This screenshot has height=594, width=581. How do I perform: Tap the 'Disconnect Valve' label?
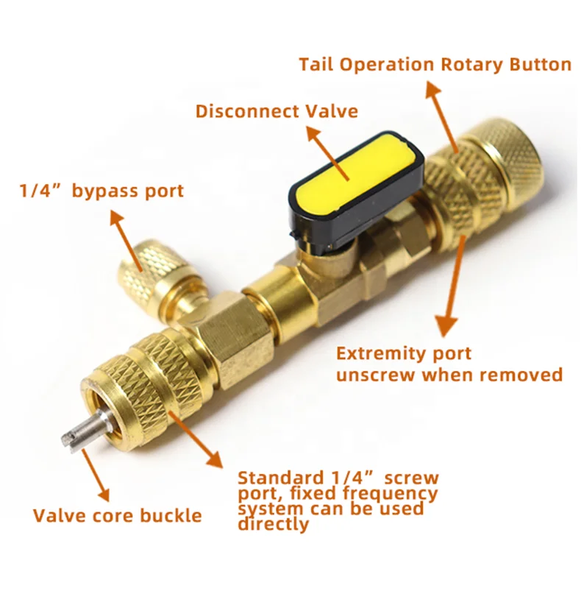click(277, 111)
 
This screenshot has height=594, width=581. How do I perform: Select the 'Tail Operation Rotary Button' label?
click(435, 64)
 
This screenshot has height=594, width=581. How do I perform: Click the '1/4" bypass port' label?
click(101, 191)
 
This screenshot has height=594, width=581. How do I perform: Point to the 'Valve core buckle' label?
click(117, 515)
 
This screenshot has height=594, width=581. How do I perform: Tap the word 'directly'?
click(273, 524)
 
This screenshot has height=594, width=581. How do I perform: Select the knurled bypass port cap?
click(153, 268)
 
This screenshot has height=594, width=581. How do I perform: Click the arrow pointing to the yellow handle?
click(327, 150)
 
